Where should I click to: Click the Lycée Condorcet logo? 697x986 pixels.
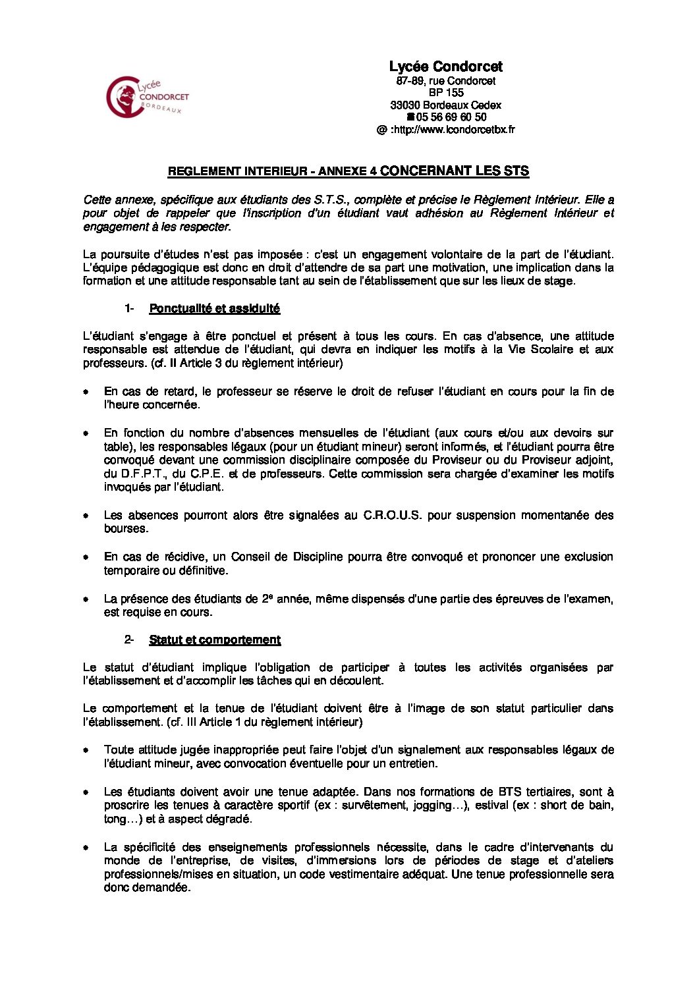click(146, 97)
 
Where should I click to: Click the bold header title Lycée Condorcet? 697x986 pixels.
click(445, 67)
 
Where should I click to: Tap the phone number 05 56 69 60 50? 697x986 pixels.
click(451, 117)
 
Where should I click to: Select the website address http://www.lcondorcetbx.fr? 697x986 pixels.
click(453, 130)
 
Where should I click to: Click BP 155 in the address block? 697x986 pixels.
click(446, 93)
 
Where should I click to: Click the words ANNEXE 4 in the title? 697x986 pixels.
click(347, 171)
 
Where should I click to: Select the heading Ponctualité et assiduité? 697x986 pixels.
click(214, 308)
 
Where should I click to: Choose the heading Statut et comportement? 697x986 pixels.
click(215, 640)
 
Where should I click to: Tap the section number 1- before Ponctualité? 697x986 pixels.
click(129, 308)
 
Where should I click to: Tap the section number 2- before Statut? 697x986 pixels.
click(129, 640)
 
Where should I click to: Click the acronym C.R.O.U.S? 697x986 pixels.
click(392, 515)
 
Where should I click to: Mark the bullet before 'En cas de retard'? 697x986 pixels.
click(86, 392)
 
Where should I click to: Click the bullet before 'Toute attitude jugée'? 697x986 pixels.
click(86, 750)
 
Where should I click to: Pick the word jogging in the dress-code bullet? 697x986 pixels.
click(432, 806)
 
